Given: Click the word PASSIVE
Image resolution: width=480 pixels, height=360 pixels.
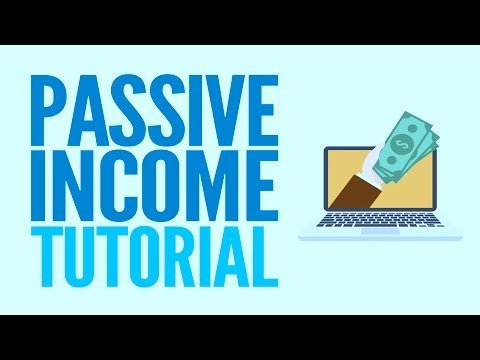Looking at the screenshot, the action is click(x=154, y=110).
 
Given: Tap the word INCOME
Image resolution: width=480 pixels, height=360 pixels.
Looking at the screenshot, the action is click(x=154, y=185).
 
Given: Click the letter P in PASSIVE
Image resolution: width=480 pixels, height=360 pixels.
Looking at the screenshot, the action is click(x=47, y=110).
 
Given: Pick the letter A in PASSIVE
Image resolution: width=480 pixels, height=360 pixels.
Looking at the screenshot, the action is click(x=86, y=110).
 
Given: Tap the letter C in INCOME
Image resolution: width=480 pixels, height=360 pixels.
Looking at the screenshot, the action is click(x=108, y=185).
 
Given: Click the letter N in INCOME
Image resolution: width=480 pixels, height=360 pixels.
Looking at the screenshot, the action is click(x=67, y=185).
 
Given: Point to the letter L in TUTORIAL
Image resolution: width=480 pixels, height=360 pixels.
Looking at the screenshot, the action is click(x=266, y=257).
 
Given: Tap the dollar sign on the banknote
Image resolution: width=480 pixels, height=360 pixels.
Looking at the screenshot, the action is click(x=399, y=145).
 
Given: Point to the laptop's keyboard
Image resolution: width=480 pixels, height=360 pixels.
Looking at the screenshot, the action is click(x=380, y=220).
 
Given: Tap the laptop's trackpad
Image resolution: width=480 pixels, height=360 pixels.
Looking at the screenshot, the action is click(x=380, y=231).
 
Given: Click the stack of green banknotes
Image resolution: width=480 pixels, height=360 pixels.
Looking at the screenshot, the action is click(x=405, y=147).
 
